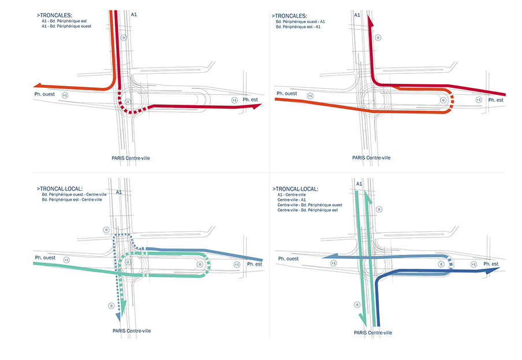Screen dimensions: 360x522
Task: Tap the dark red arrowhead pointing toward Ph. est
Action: coord(258,105)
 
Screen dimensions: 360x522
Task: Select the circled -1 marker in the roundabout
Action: coord(128,102)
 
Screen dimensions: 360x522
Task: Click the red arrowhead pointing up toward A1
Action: coord(371,21)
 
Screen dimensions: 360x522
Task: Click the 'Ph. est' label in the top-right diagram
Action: coord(495,100)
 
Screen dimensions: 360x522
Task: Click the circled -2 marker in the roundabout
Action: coord(128,262)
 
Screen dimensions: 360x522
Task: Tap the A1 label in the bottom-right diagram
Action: coord(359,184)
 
